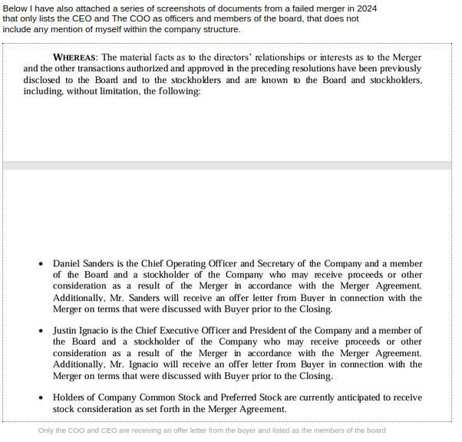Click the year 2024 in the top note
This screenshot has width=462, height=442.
[x=365, y=8]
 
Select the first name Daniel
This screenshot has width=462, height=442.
[x=68, y=263]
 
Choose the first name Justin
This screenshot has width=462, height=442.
[x=66, y=330]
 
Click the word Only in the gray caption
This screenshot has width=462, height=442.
[x=47, y=430]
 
